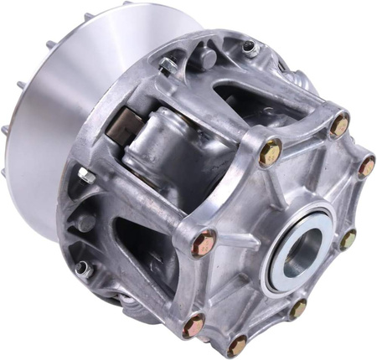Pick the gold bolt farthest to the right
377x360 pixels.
tap(366, 167)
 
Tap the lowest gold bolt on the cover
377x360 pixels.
tap(238, 342)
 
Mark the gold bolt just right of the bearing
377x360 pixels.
tap(348, 240)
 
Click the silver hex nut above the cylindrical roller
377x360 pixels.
tap(169, 63)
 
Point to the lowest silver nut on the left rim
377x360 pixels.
tap(82, 268)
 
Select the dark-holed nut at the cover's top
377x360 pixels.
tap(250, 48)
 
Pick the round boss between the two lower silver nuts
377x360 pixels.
tap(85, 222)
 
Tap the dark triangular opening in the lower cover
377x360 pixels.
tap(142, 243)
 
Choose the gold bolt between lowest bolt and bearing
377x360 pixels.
tap(297, 309)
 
